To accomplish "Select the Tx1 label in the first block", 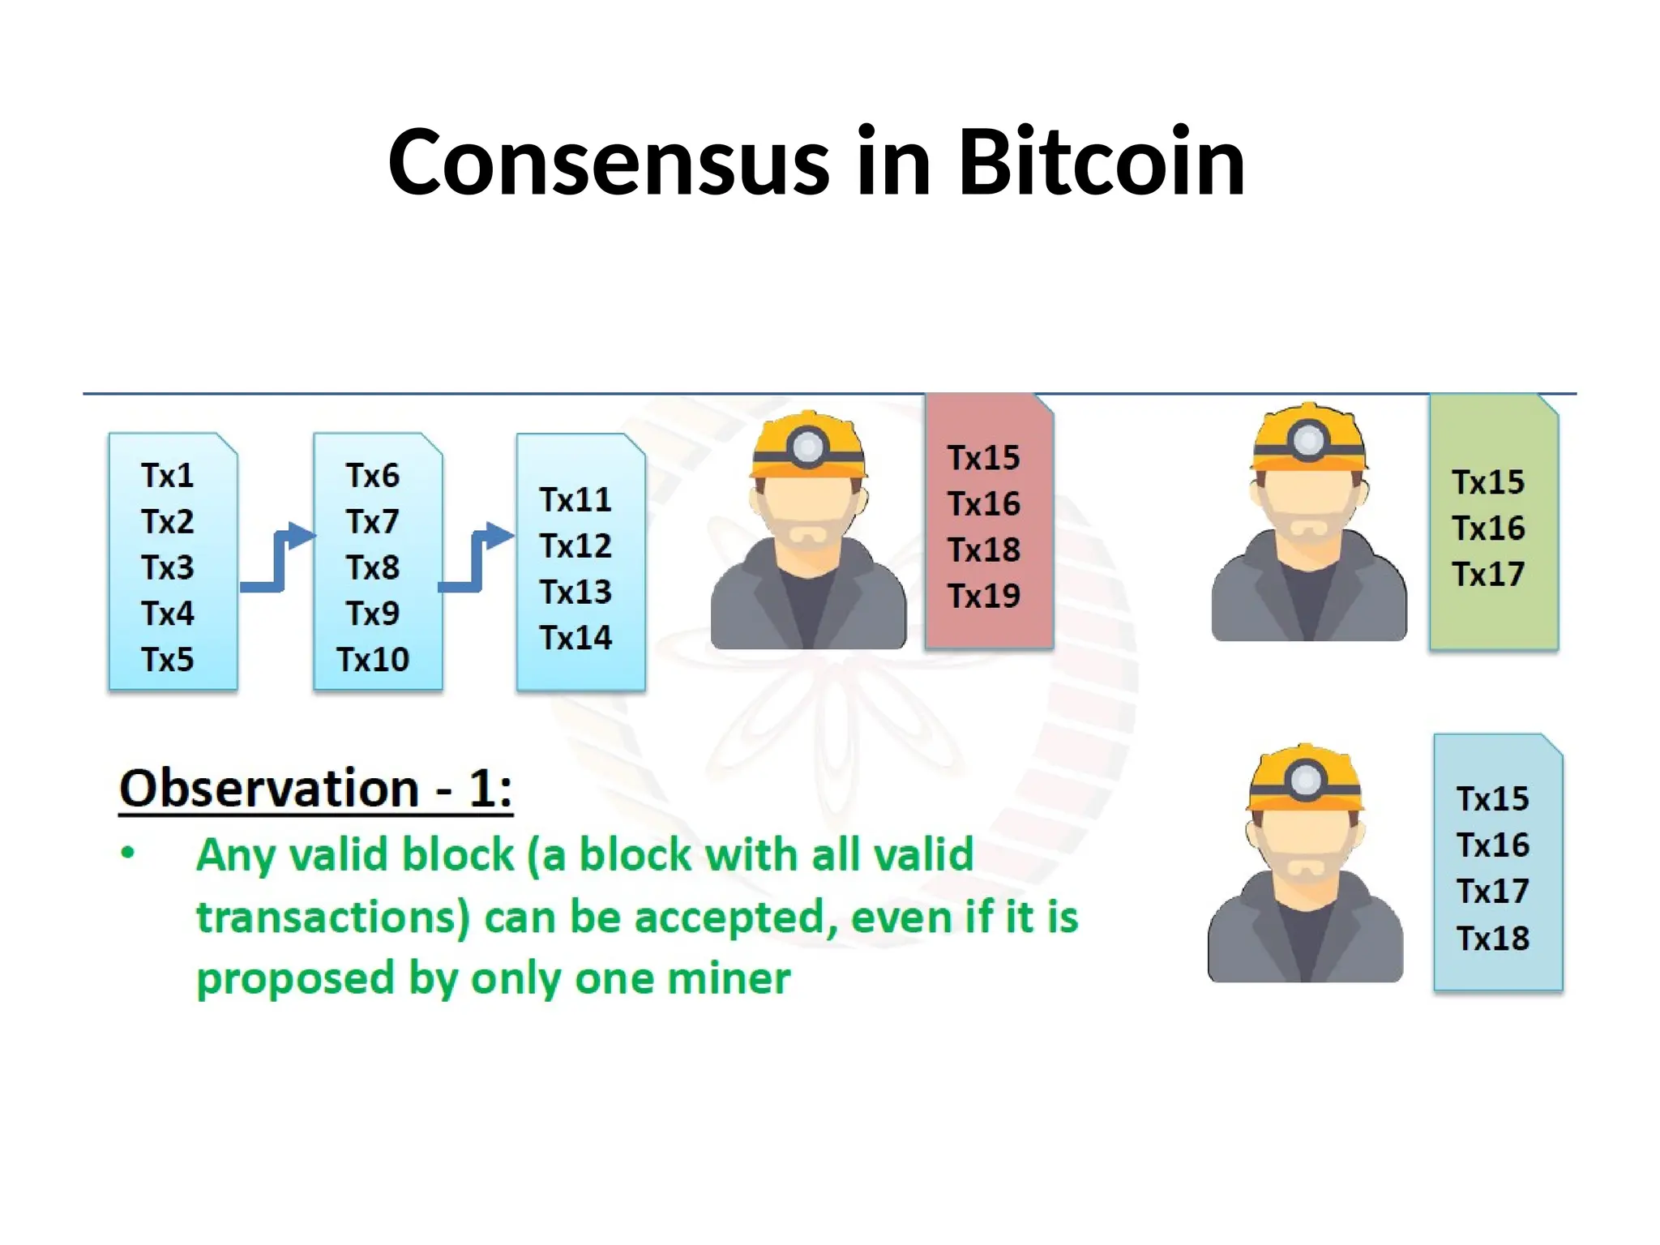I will point(168,476).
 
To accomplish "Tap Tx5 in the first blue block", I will point(168,660).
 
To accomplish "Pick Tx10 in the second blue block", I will point(373,660).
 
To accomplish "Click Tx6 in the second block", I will point(373,476).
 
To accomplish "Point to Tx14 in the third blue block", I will point(576,638).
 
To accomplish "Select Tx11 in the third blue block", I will point(576,500).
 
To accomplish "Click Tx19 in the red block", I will point(984,597).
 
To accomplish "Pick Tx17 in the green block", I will point(1488,575).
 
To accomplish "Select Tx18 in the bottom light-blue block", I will point(1493,939).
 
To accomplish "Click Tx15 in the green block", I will point(1488,483).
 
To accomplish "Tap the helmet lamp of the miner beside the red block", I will point(808,446).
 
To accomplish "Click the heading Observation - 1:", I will point(316,789).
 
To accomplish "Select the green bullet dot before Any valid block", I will point(128,853).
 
